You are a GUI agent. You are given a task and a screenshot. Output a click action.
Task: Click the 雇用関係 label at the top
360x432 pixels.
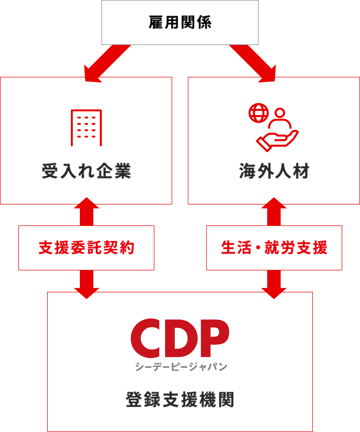[x=180, y=22]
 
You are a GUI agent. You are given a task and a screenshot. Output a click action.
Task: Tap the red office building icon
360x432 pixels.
[x=86, y=128]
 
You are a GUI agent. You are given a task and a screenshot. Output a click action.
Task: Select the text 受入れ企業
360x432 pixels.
[x=86, y=171]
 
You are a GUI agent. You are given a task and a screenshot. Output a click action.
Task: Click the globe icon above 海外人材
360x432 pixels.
[x=258, y=113]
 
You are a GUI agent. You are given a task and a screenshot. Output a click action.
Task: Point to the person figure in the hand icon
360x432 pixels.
[x=280, y=119]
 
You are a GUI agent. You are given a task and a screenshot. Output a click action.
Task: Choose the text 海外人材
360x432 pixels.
[x=274, y=171]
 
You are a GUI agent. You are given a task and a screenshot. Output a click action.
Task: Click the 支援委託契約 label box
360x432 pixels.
[x=86, y=248]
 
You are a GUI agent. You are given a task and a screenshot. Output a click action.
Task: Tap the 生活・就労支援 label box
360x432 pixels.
[x=274, y=248]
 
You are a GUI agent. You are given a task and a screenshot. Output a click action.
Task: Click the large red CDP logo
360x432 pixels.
[x=180, y=338]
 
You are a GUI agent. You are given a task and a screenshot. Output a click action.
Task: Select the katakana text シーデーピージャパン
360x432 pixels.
[x=181, y=367]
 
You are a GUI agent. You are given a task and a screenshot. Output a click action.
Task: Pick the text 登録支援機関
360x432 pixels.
[x=180, y=399]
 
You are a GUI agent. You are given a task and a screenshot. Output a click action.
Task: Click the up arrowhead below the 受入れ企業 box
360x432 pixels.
[x=86, y=203]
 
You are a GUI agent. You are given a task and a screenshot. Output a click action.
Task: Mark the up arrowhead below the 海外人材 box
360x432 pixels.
[x=274, y=203]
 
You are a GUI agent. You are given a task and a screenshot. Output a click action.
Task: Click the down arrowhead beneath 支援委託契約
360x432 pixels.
[x=86, y=293]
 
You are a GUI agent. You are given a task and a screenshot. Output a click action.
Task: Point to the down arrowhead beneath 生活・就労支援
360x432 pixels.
[x=274, y=293]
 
